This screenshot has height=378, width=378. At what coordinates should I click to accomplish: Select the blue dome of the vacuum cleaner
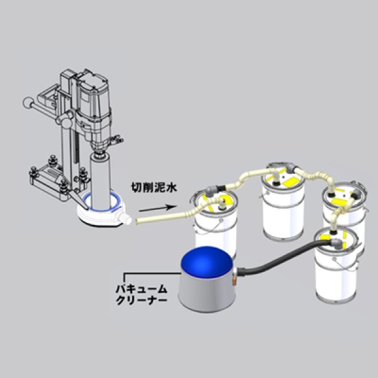205,265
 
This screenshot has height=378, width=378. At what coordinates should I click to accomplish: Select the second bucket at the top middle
283,208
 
